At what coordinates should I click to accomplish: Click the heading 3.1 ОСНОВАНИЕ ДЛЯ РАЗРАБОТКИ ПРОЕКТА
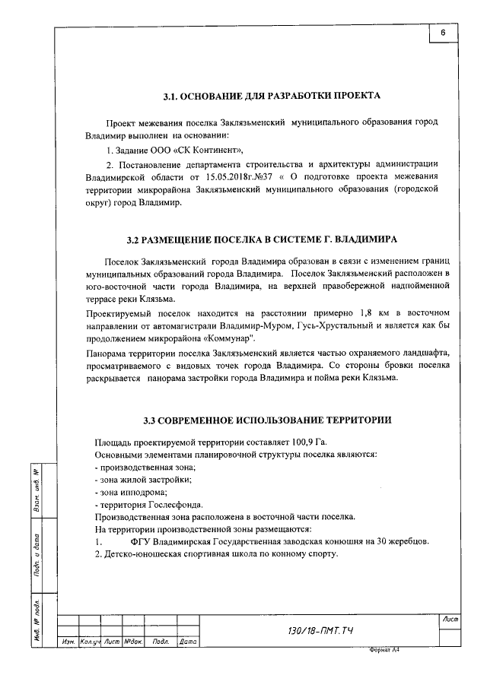pos(272,97)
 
